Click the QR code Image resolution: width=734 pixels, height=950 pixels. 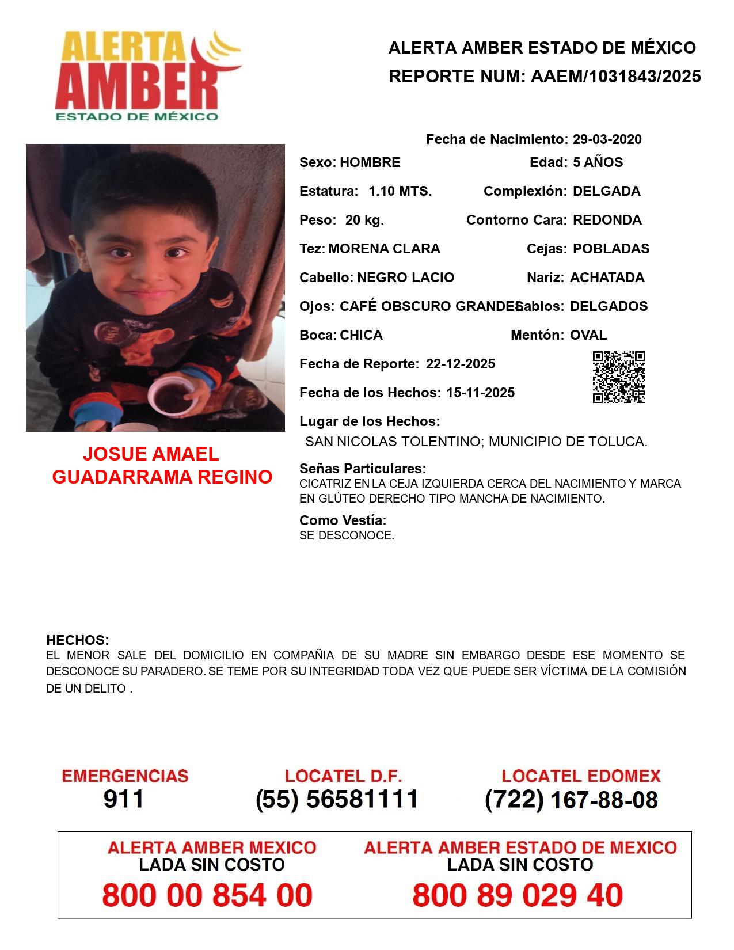[x=618, y=377]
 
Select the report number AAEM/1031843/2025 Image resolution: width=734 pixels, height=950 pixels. [x=615, y=77]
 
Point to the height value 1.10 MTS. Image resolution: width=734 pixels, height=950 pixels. [x=400, y=191]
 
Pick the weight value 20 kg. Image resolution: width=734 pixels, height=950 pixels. [x=364, y=220]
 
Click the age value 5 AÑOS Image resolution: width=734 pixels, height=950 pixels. [x=598, y=162]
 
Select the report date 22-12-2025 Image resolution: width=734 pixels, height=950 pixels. [x=460, y=364]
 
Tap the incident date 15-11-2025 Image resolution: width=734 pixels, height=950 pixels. [x=480, y=393]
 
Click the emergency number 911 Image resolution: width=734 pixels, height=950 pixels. [x=124, y=799]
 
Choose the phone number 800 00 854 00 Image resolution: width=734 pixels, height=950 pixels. [x=207, y=895]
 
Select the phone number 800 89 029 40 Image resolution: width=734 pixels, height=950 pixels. [x=518, y=895]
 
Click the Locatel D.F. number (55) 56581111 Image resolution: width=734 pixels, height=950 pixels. [x=337, y=799]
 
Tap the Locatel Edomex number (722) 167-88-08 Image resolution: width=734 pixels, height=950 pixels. [x=571, y=800]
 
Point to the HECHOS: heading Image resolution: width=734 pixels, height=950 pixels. [x=77, y=640]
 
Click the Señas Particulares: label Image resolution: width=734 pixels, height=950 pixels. [x=362, y=469]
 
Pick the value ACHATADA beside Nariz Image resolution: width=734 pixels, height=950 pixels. [x=607, y=278]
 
